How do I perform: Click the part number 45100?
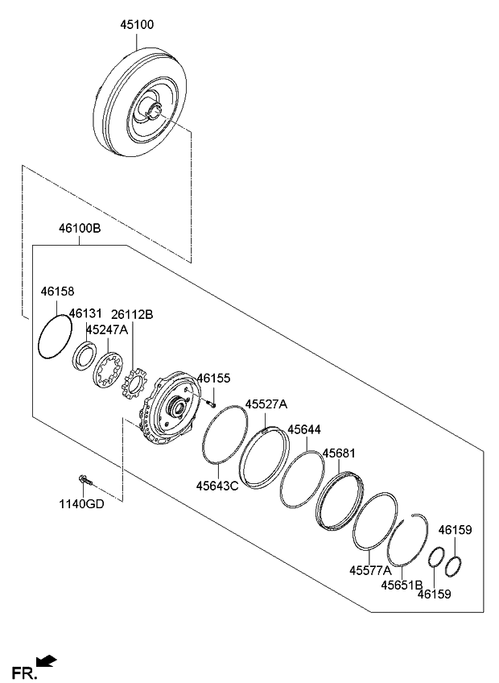(x=137, y=25)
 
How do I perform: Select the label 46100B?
(x=79, y=230)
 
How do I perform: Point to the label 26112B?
(x=133, y=313)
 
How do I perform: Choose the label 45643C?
(x=218, y=485)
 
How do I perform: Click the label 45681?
(x=338, y=454)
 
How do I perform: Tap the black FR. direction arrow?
(x=48, y=662)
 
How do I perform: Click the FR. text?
(x=22, y=673)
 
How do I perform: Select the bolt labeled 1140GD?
(x=85, y=482)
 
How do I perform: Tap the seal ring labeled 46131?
(x=84, y=355)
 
